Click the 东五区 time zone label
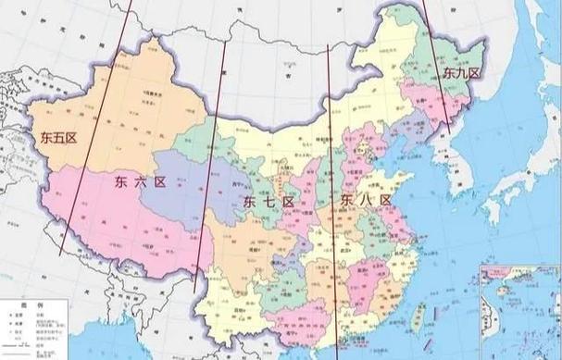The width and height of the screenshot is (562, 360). [57, 138]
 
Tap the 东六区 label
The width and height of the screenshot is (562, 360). [140, 182]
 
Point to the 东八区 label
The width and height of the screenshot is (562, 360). [365, 199]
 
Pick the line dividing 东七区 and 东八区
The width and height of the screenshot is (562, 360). [332, 185]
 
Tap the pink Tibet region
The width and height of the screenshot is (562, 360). [120, 217]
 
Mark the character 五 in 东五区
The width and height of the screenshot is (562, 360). [57, 138]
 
